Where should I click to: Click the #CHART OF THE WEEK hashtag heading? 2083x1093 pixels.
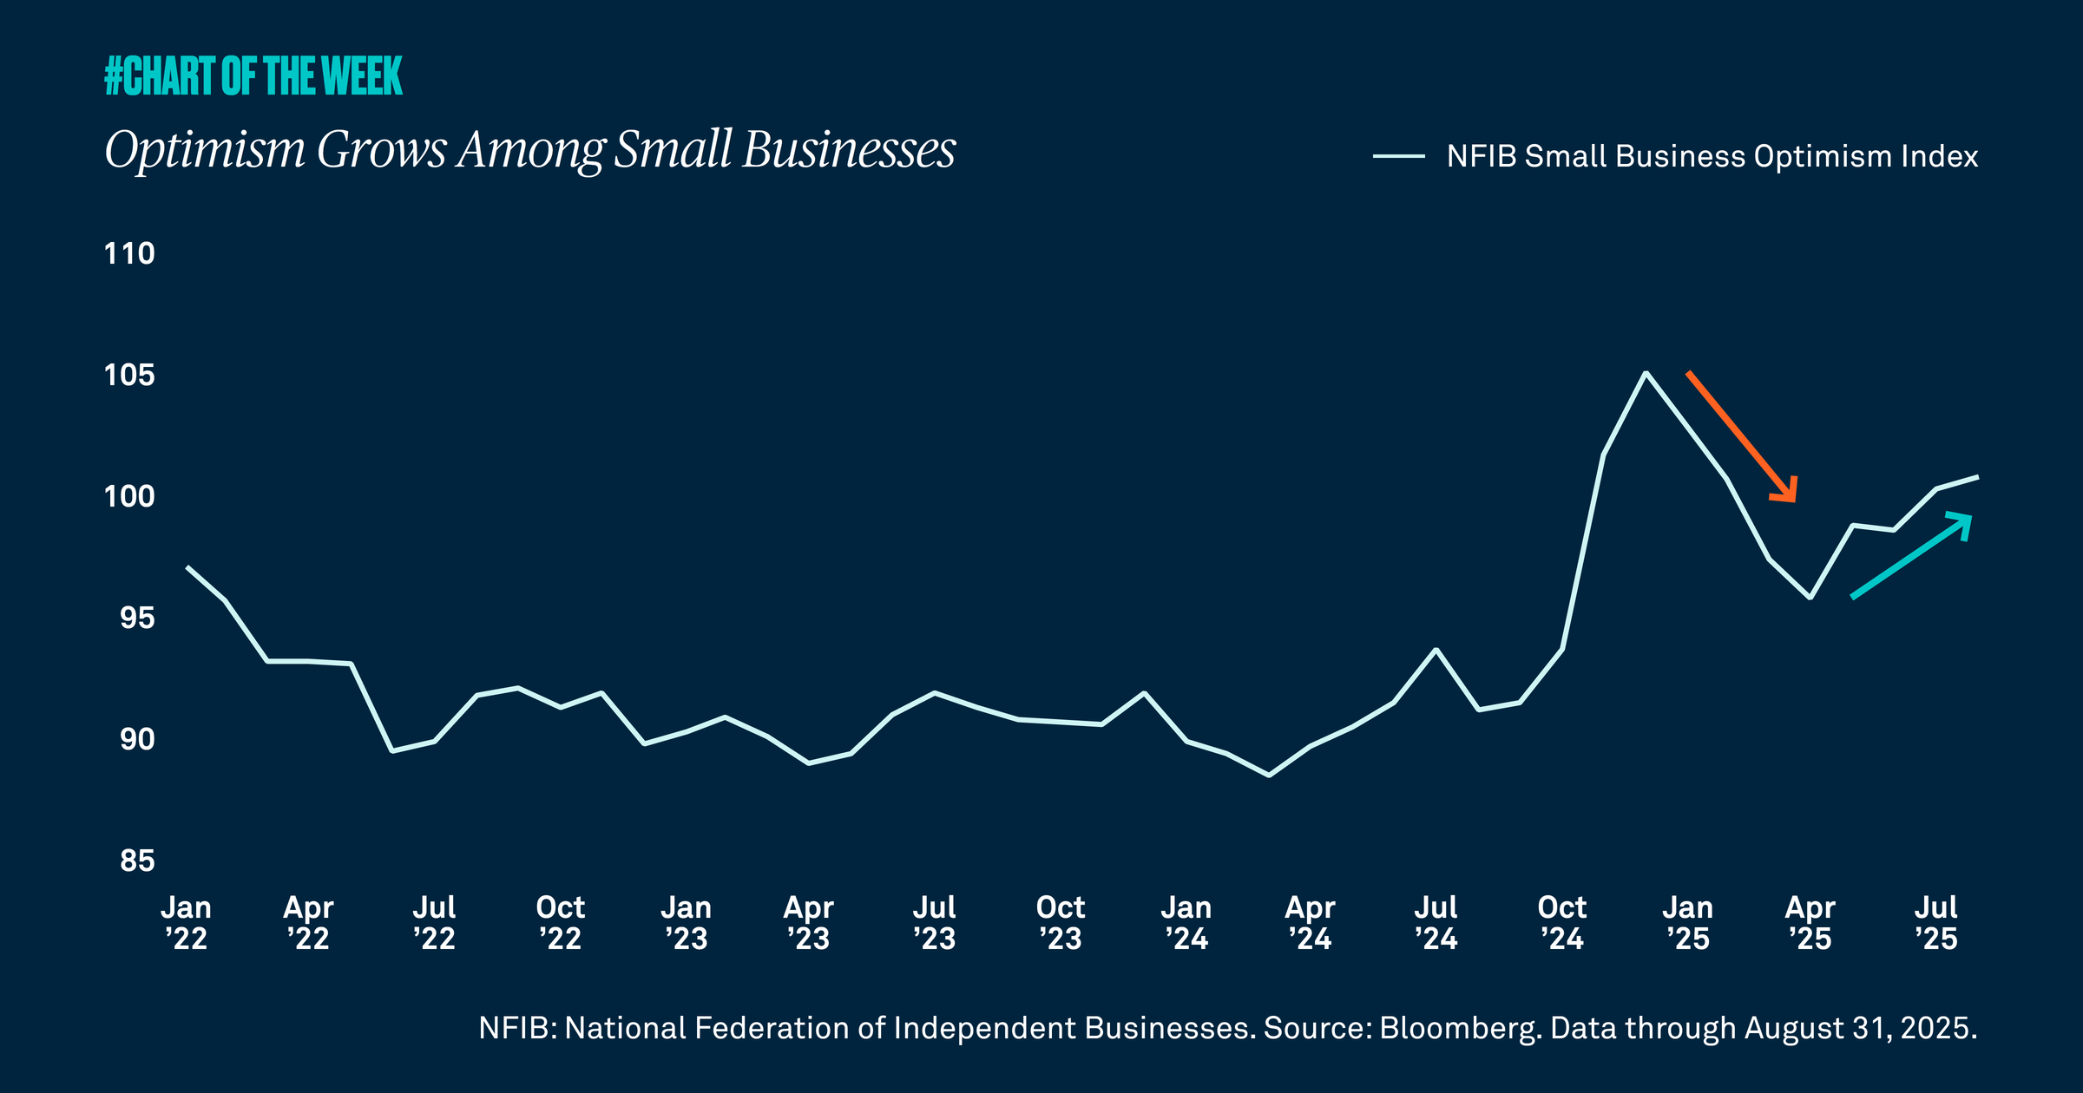[253, 75]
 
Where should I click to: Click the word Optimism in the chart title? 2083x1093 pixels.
[205, 149]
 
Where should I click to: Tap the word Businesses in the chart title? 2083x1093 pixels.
[849, 149]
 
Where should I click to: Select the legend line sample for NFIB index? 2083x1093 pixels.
[1398, 156]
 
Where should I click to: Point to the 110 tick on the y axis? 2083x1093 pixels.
[129, 253]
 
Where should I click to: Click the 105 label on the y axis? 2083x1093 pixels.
[129, 375]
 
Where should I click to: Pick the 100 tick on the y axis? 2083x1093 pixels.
[129, 496]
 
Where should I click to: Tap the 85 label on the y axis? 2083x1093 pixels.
[137, 861]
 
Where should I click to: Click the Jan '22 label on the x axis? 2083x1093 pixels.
[187, 923]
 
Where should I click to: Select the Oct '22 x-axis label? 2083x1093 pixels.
[561, 923]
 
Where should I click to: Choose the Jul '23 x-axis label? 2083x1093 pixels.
[935, 923]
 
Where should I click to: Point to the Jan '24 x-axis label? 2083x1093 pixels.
[1186, 923]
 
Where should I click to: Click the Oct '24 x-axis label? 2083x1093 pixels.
[1562, 923]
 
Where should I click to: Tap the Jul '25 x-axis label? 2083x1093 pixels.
[1936, 923]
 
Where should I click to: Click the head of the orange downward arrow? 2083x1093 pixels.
[1789, 494]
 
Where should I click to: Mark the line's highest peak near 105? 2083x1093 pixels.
[1646, 373]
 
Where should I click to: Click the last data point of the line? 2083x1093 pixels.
[1977, 476]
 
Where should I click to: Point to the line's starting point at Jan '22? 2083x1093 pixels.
[187, 567]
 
